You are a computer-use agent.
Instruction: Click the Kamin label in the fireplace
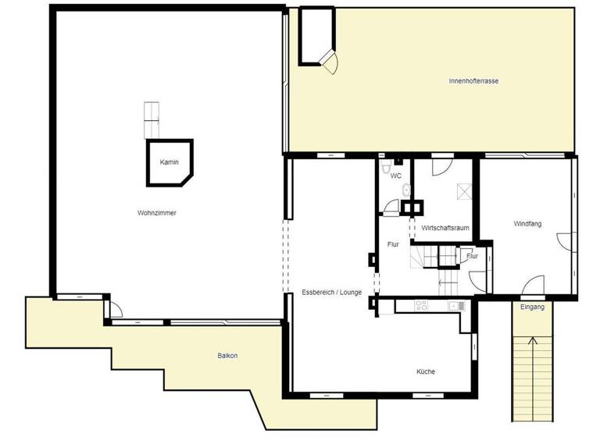(x=170, y=162)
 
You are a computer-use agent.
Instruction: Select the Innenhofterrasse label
(x=474, y=80)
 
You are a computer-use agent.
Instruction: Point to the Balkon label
(x=227, y=356)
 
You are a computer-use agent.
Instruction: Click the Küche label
(x=426, y=371)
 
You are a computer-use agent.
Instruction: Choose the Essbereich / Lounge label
(x=331, y=292)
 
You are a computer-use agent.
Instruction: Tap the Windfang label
(x=527, y=224)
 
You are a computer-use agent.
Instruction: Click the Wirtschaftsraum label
(x=445, y=228)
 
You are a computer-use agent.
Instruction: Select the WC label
(x=396, y=176)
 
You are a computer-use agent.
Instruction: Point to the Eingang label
(x=534, y=307)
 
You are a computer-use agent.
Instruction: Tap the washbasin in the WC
(x=405, y=190)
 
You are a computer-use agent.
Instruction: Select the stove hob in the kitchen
(x=422, y=306)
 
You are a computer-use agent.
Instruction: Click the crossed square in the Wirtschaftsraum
(x=464, y=190)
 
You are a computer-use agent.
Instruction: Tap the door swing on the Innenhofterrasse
(x=331, y=64)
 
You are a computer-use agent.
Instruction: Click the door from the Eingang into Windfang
(x=534, y=286)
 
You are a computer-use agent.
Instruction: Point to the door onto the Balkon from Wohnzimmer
(x=112, y=310)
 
